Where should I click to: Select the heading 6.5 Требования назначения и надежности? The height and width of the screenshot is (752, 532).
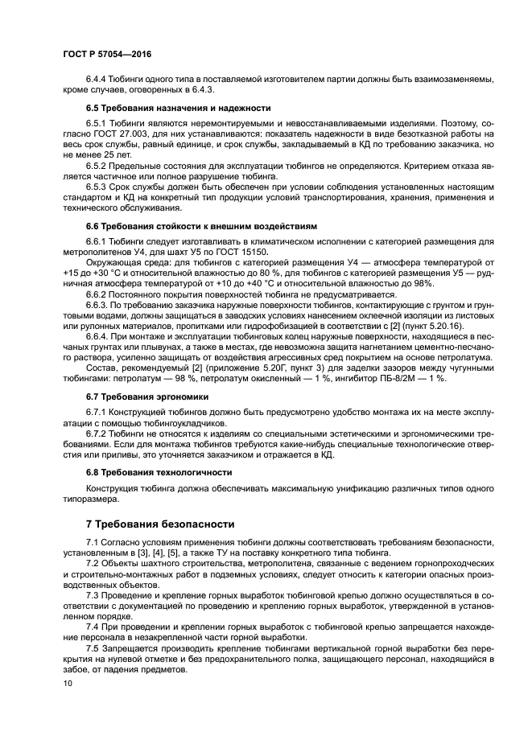point(178,108)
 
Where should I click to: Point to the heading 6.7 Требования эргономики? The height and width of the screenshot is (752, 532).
point(147,397)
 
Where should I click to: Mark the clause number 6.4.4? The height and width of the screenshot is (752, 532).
point(97,78)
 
